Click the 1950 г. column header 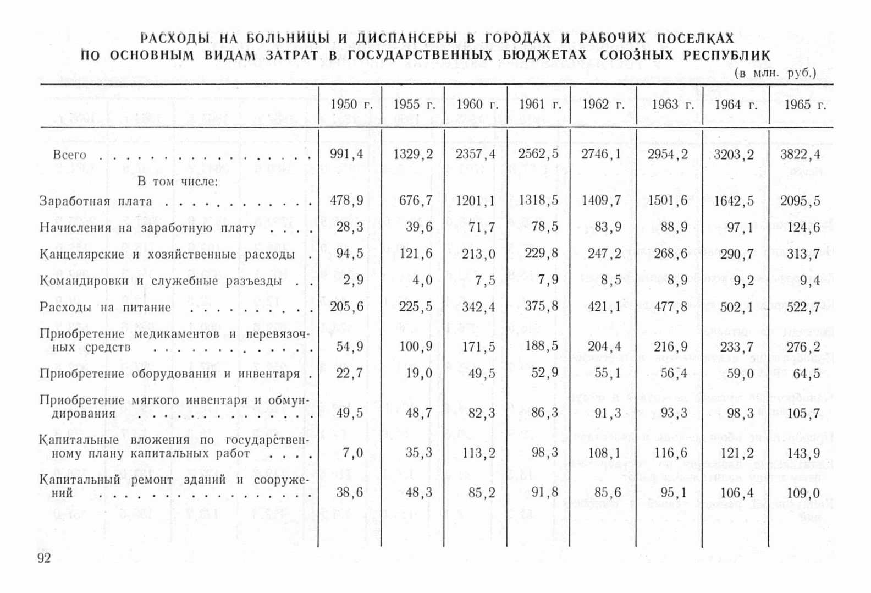(x=350, y=105)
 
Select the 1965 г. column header (x=805, y=105)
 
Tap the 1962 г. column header (x=603, y=105)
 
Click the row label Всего (x=69, y=155)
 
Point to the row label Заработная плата (x=96, y=201)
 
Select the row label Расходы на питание (x=105, y=307)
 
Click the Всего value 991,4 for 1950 (x=346, y=154)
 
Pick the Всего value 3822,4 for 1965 (x=800, y=155)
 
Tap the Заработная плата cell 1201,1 (x=475, y=201)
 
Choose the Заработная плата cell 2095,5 (x=800, y=201)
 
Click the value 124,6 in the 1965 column (x=803, y=227)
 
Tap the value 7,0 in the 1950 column (x=352, y=453)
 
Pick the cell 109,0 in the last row (x=803, y=493)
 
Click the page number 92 (x=44, y=559)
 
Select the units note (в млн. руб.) (x=775, y=73)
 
